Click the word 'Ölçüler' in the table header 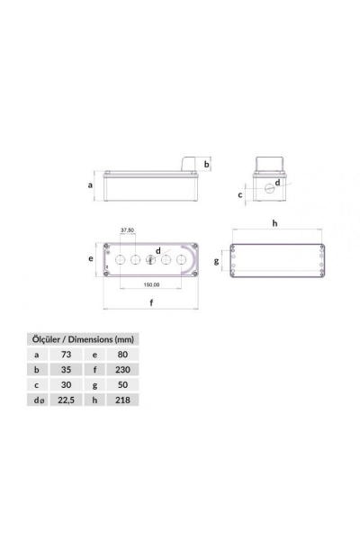click(45, 339)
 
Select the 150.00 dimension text click(151, 286)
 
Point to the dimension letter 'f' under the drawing click(150, 303)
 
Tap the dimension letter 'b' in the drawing click(206, 165)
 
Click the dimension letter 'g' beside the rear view click(215, 262)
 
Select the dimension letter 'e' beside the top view click(91, 258)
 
